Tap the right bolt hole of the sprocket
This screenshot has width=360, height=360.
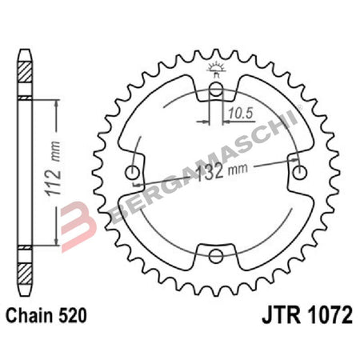[x=300, y=173]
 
